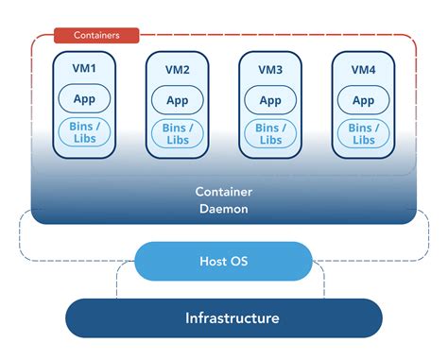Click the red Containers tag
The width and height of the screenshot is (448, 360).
tap(95, 35)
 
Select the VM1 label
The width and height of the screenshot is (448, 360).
tap(84, 70)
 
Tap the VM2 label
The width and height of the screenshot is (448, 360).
tap(177, 70)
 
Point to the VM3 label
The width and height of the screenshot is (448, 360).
tap(269, 70)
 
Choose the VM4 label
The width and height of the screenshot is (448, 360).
tap(363, 70)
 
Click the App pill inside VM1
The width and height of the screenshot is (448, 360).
tap(84, 100)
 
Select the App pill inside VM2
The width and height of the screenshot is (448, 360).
tap(177, 100)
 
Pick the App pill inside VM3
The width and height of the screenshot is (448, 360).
tap(269, 100)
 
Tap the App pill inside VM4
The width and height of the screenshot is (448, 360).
tap(363, 100)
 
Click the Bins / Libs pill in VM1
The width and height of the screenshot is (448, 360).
tap(84, 132)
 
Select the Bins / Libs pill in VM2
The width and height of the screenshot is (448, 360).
tap(177, 132)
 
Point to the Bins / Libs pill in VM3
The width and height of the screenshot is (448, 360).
tap(269, 132)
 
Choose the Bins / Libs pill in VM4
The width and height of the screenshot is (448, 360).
tap(363, 132)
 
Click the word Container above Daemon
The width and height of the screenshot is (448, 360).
tap(223, 191)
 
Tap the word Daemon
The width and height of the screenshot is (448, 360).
tap(223, 208)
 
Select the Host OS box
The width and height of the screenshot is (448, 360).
tap(223, 261)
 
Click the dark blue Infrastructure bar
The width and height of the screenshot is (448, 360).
tap(223, 317)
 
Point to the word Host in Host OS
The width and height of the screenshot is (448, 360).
tap(212, 261)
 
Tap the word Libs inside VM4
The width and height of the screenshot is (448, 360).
tap(363, 140)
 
